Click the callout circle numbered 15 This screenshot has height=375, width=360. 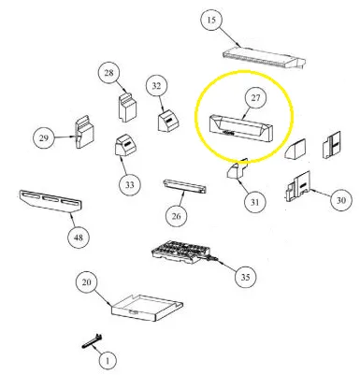(x=211, y=20)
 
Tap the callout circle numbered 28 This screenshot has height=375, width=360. (x=108, y=73)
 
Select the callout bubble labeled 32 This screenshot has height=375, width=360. (x=156, y=86)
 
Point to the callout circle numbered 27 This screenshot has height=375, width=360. (x=255, y=98)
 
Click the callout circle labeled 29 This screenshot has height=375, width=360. (x=44, y=137)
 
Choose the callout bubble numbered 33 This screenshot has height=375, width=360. (x=129, y=184)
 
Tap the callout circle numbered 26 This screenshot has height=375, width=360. (x=176, y=216)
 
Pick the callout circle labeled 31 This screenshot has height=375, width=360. (x=254, y=202)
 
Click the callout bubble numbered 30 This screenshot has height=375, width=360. (x=341, y=200)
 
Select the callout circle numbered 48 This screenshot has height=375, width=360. (x=79, y=238)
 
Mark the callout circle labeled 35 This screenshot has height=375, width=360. (x=245, y=277)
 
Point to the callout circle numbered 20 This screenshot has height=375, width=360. (x=87, y=282)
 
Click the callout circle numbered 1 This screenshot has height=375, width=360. (x=108, y=361)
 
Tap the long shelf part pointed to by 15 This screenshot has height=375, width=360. (x=265, y=57)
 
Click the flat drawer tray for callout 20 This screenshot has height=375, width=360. (x=147, y=307)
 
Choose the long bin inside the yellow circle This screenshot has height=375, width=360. (x=241, y=127)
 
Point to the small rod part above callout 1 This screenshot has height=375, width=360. (x=93, y=341)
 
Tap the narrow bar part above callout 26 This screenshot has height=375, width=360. (x=184, y=185)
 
